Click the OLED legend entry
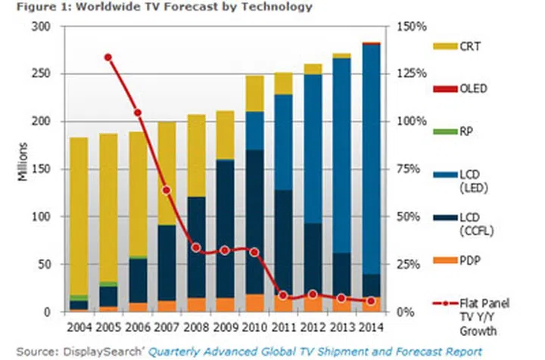[472, 88]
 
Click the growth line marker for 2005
[108, 57]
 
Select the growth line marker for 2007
[167, 191]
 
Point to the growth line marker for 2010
[254, 252]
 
